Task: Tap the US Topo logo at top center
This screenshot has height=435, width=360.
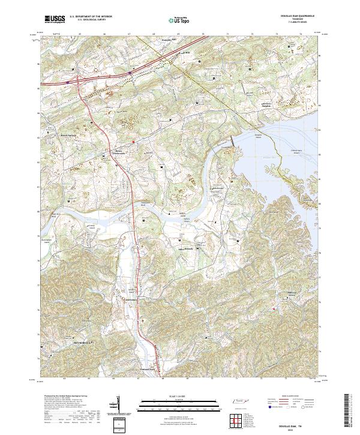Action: (181, 20)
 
